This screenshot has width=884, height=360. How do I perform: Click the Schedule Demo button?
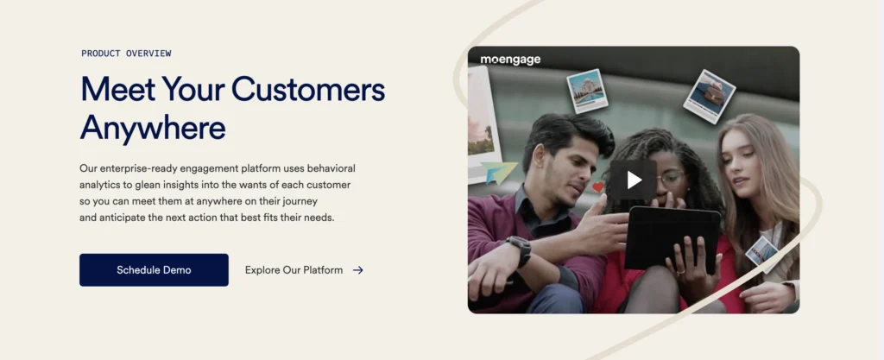[x=154, y=270]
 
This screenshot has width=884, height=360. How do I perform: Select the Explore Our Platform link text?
[x=294, y=270]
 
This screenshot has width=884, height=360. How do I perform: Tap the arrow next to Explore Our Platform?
[x=358, y=270]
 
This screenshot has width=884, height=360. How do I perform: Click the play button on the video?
[x=634, y=180]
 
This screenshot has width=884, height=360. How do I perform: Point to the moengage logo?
[x=510, y=60]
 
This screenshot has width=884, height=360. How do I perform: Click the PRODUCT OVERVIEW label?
[x=126, y=54]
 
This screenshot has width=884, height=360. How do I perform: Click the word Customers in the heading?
[x=308, y=89]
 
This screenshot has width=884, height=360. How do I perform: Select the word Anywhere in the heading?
[x=153, y=129]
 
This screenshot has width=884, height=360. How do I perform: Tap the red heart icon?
[x=598, y=187]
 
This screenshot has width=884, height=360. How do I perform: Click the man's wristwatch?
[x=519, y=249]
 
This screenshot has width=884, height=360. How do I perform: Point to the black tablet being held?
[x=672, y=237]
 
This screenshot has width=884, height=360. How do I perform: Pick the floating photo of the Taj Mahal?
[x=587, y=90]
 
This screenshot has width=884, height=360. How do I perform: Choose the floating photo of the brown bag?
[x=710, y=96]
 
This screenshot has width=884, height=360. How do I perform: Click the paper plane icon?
[x=499, y=172]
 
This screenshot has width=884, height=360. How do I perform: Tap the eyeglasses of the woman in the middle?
[x=671, y=180]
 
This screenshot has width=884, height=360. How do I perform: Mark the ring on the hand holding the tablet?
[x=680, y=273]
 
